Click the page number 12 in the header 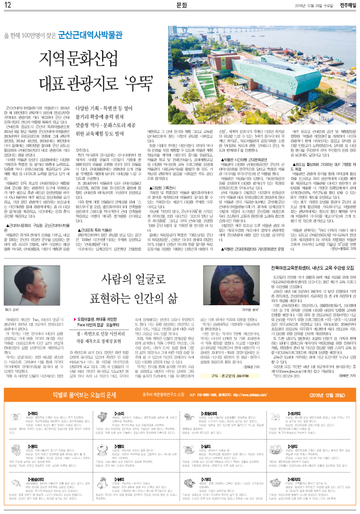[8, 5]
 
